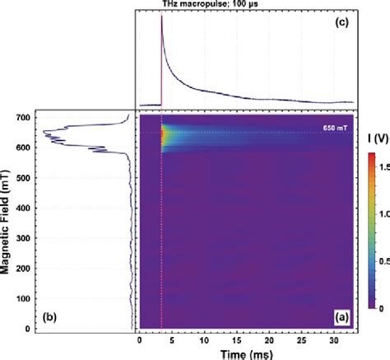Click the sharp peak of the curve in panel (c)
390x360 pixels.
tap(161, 18)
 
